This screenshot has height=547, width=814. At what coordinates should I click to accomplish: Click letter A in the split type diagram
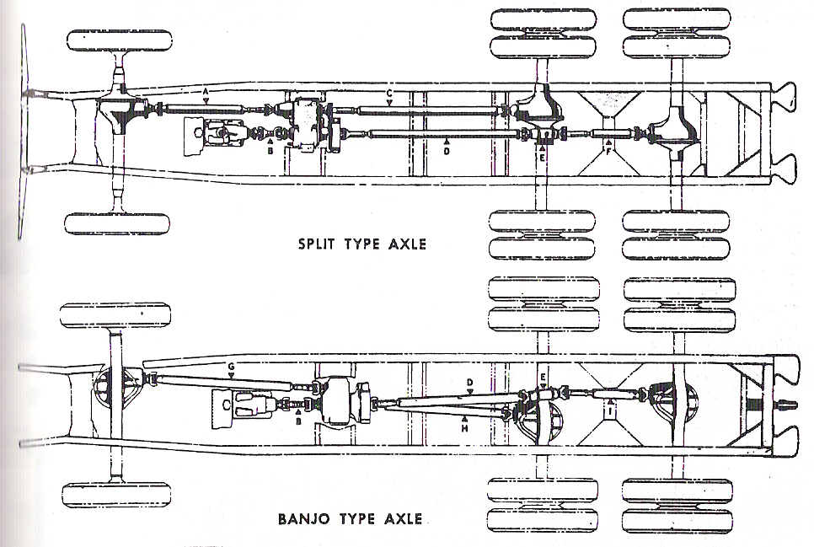[x=205, y=90]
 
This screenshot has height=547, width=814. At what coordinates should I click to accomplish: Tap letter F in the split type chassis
[x=608, y=153]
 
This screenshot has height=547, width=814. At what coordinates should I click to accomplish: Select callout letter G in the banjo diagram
[x=230, y=367]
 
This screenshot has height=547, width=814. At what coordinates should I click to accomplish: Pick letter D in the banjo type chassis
[x=470, y=382]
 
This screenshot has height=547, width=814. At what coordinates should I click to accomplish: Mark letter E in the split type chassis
[x=544, y=156]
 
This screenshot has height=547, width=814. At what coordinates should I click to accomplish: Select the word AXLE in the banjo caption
[x=401, y=518]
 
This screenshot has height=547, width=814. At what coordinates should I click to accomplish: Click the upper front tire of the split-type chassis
[x=118, y=40]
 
